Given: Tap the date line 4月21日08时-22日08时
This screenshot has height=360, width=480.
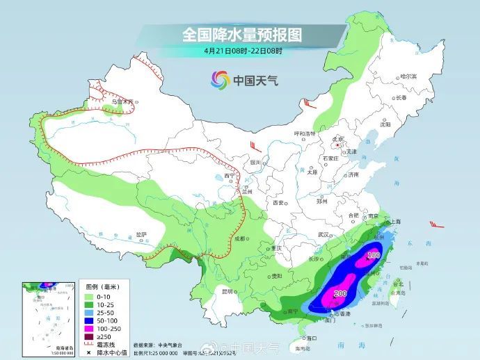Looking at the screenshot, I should click(x=243, y=51).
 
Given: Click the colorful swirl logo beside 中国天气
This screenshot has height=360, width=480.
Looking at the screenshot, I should click(x=220, y=79).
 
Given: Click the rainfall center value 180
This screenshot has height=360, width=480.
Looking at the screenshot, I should click(x=374, y=256).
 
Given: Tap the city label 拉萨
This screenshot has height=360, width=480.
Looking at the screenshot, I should click(x=142, y=234).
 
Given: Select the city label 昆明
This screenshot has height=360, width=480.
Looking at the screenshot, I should click(x=227, y=291).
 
